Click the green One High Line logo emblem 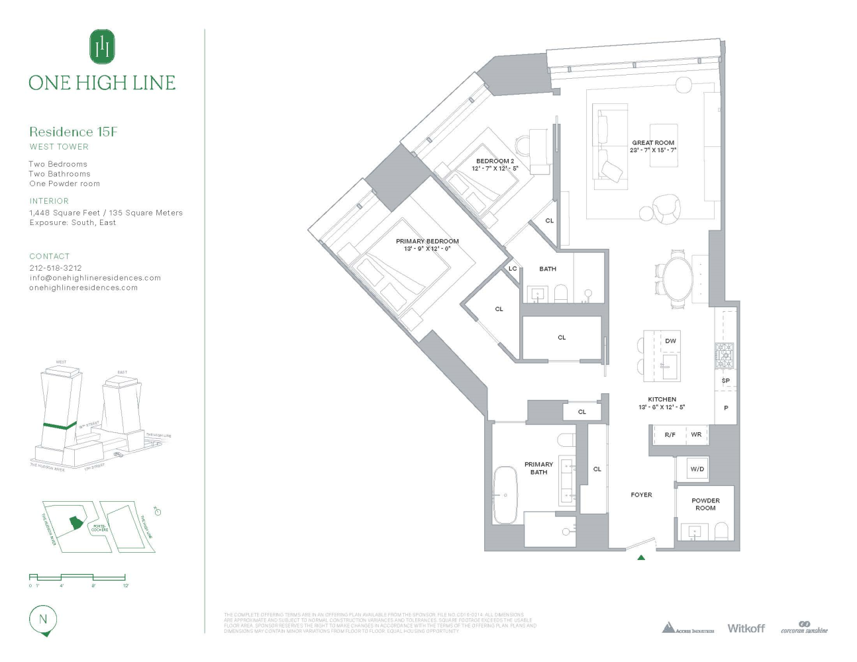click(102, 46)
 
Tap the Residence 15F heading click(73, 132)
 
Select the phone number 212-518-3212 click(56, 268)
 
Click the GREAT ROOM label click(653, 142)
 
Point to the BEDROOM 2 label click(495, 161)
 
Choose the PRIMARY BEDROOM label click(427, 242)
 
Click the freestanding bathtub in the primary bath click(505, 495)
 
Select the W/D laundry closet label click(697, 469)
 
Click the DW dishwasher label click(670, 341)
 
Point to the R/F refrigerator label click(670, 435)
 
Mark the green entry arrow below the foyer click(640, 558)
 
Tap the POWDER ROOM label click(705, 504)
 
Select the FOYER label click(641, 495)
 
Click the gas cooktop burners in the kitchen click(724, 355)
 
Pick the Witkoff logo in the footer click(746, 628)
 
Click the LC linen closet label click(513, 269)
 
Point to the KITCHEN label click(662, 399)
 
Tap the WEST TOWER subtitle click(59, 147)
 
